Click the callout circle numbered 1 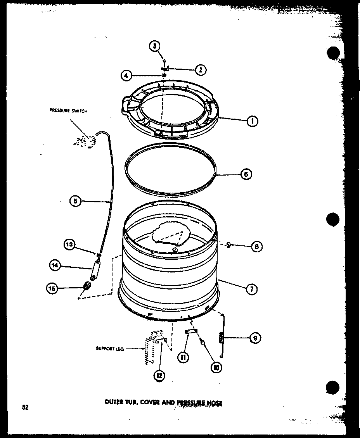[x=253, y=121]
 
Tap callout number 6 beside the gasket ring [x=246, y=174]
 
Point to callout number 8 [x=256, y=246]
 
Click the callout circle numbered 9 [x=254, y=338]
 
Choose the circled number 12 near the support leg [x=159, y=375]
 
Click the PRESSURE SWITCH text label [x=69, y=111]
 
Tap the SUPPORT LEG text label [x=110, y=348]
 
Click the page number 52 [x=24, y=407]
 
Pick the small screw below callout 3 [x=165, y=60]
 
